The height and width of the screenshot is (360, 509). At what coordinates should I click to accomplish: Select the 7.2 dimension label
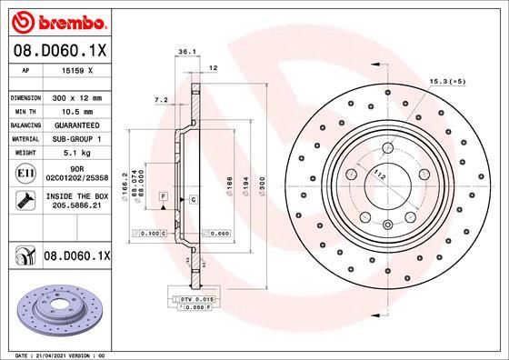pyautogui.click(x=161, y=99)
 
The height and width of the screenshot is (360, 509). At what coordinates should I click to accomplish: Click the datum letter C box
pyautogui.click(x=194, y=198)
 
